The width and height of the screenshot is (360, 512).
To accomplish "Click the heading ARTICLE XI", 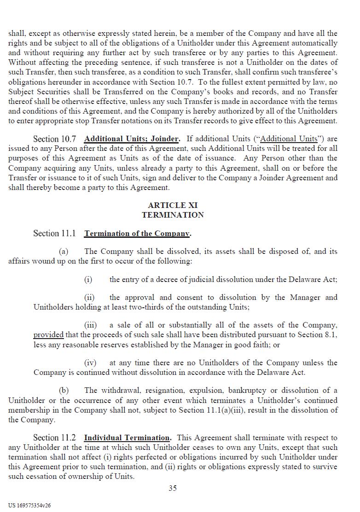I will pos(173,205).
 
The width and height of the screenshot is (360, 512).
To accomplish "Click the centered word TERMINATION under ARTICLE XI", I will pos(173,215).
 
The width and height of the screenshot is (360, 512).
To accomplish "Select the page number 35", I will pos(173,488).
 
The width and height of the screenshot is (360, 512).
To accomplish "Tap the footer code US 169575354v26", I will pos(29,505).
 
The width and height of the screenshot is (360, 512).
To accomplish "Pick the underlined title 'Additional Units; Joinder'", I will pos(131,139).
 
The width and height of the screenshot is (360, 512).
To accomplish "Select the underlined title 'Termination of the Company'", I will pos(137,234).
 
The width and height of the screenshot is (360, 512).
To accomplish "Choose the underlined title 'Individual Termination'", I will pos(127,438).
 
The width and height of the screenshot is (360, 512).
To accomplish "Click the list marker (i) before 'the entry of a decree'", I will pos(88,280).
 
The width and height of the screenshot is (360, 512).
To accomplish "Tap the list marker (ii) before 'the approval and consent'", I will pos(89,298).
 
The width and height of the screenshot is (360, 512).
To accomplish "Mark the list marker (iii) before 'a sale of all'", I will pos(90,325).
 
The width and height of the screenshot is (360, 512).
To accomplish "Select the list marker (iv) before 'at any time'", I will pos(90,363).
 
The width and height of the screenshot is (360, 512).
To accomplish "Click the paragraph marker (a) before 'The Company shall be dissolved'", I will pos(64,252).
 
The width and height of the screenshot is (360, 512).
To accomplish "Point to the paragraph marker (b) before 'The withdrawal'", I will pos(64,391).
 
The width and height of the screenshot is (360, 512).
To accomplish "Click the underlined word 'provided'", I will pos(48,335).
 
